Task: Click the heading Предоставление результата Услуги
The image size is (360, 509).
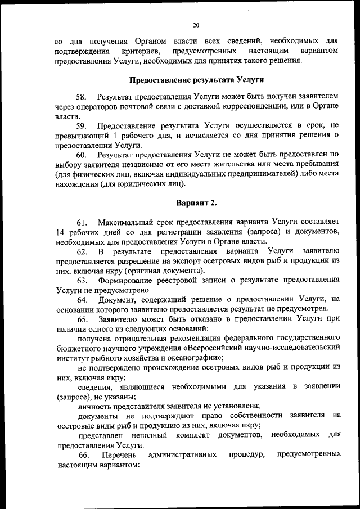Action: click(197, 79)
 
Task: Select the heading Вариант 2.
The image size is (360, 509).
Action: click(197, 202)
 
